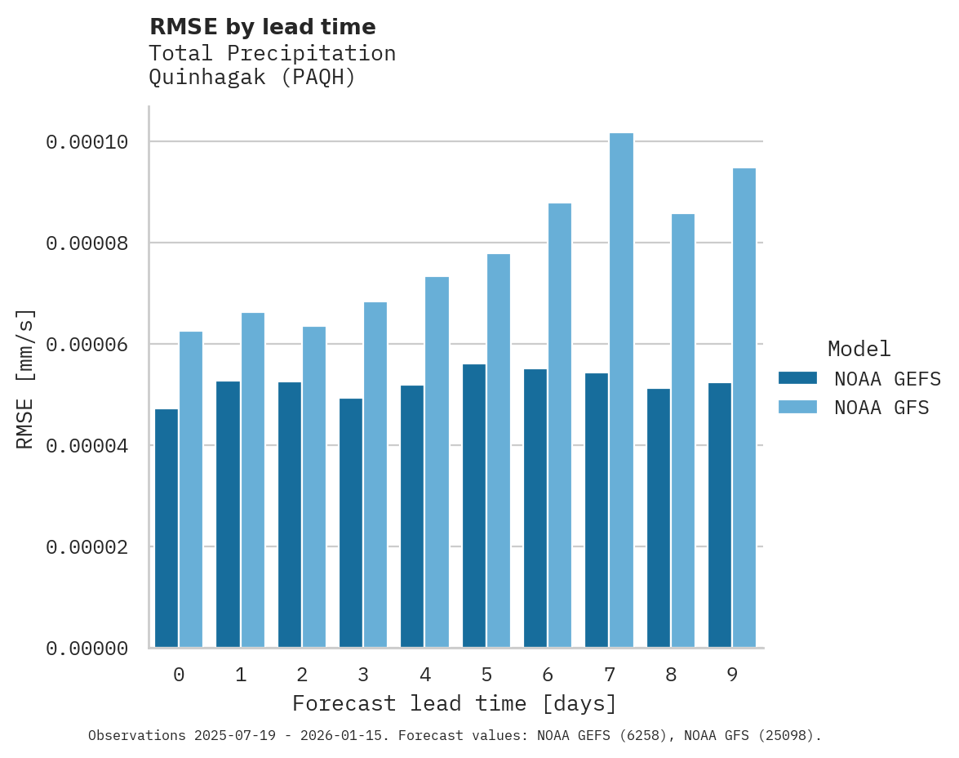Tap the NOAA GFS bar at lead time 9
[744, 408]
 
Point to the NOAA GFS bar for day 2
[314, 487]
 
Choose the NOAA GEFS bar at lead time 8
[659, 518]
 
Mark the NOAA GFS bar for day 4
[437, 462]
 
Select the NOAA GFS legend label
[881, 407]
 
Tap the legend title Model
[859, 349]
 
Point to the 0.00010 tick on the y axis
[87, 142]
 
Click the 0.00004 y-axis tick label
[87, 446]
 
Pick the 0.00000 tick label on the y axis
[87, 649]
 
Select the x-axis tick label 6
[548, 676]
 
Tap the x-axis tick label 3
[363, 676]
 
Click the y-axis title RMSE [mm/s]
[25, 378]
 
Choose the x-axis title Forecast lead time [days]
[455, 703]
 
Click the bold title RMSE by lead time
[262, 27]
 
